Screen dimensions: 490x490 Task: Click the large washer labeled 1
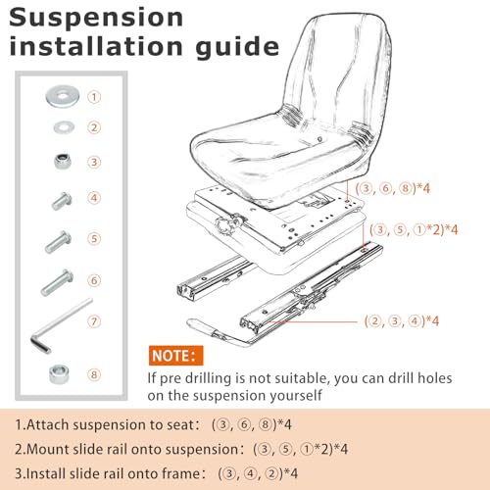(63, 97)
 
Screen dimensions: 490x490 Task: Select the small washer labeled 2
(64, 127)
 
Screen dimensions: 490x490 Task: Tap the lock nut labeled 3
(63, 161)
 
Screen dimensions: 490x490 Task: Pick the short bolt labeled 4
(62, 201)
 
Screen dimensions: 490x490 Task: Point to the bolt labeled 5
(59, 242)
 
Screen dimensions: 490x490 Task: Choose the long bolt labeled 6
(57, 282)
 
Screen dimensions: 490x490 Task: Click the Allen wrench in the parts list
(61, 325)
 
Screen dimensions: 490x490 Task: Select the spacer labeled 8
(59, 374)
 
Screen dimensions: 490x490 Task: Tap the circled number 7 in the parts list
(94, 321)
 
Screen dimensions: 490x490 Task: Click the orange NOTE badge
(175, 356)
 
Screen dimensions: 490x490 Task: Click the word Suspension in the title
(96, 19)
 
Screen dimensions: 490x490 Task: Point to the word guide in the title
(237, 47)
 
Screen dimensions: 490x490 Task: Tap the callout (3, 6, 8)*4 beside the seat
(393, 188)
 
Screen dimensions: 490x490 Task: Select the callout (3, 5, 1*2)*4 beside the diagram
(414, 230)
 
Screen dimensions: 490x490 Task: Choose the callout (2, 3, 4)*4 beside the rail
(402, 321)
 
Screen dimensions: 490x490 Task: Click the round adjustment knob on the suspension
(225, 225)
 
